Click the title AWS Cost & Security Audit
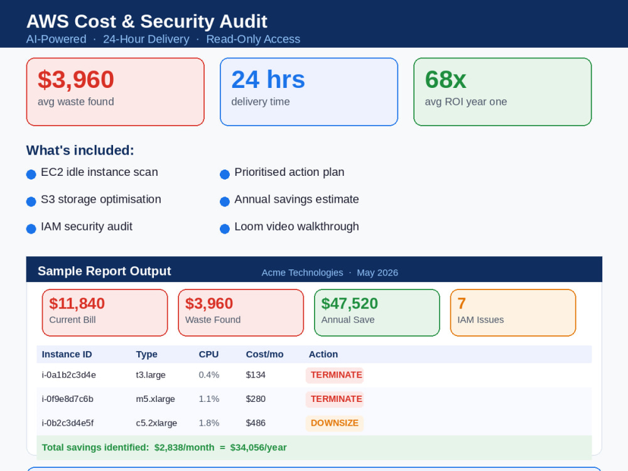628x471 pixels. [x=146, y=21]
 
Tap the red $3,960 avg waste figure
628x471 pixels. [x=76, y=79]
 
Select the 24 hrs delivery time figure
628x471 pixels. [x=268, y=79]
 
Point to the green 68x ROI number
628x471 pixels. [x=445, y=79]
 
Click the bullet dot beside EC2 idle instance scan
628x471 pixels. [x=31, y=174]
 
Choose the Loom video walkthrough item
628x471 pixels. [x=296, y=226]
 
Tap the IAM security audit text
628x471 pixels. [x=87, y=226]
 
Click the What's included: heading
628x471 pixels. [x=80, y=150]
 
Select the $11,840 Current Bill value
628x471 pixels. [x=77, y=303]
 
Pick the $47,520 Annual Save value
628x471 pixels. [x=349, y=303]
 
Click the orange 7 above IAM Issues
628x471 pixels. [x=462, y=303]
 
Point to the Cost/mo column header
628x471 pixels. [x=264, y=354]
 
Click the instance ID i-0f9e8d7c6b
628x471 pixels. [x=67, y=399]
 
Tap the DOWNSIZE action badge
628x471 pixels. [x=335, y=423]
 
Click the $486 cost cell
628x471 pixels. [x=256, y=423]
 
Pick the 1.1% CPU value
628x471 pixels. [x=208, y=399]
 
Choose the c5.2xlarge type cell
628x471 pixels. [x=156, y=423]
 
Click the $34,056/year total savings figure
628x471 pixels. [x=258, y=447]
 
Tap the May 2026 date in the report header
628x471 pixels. [x=377, y=273]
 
